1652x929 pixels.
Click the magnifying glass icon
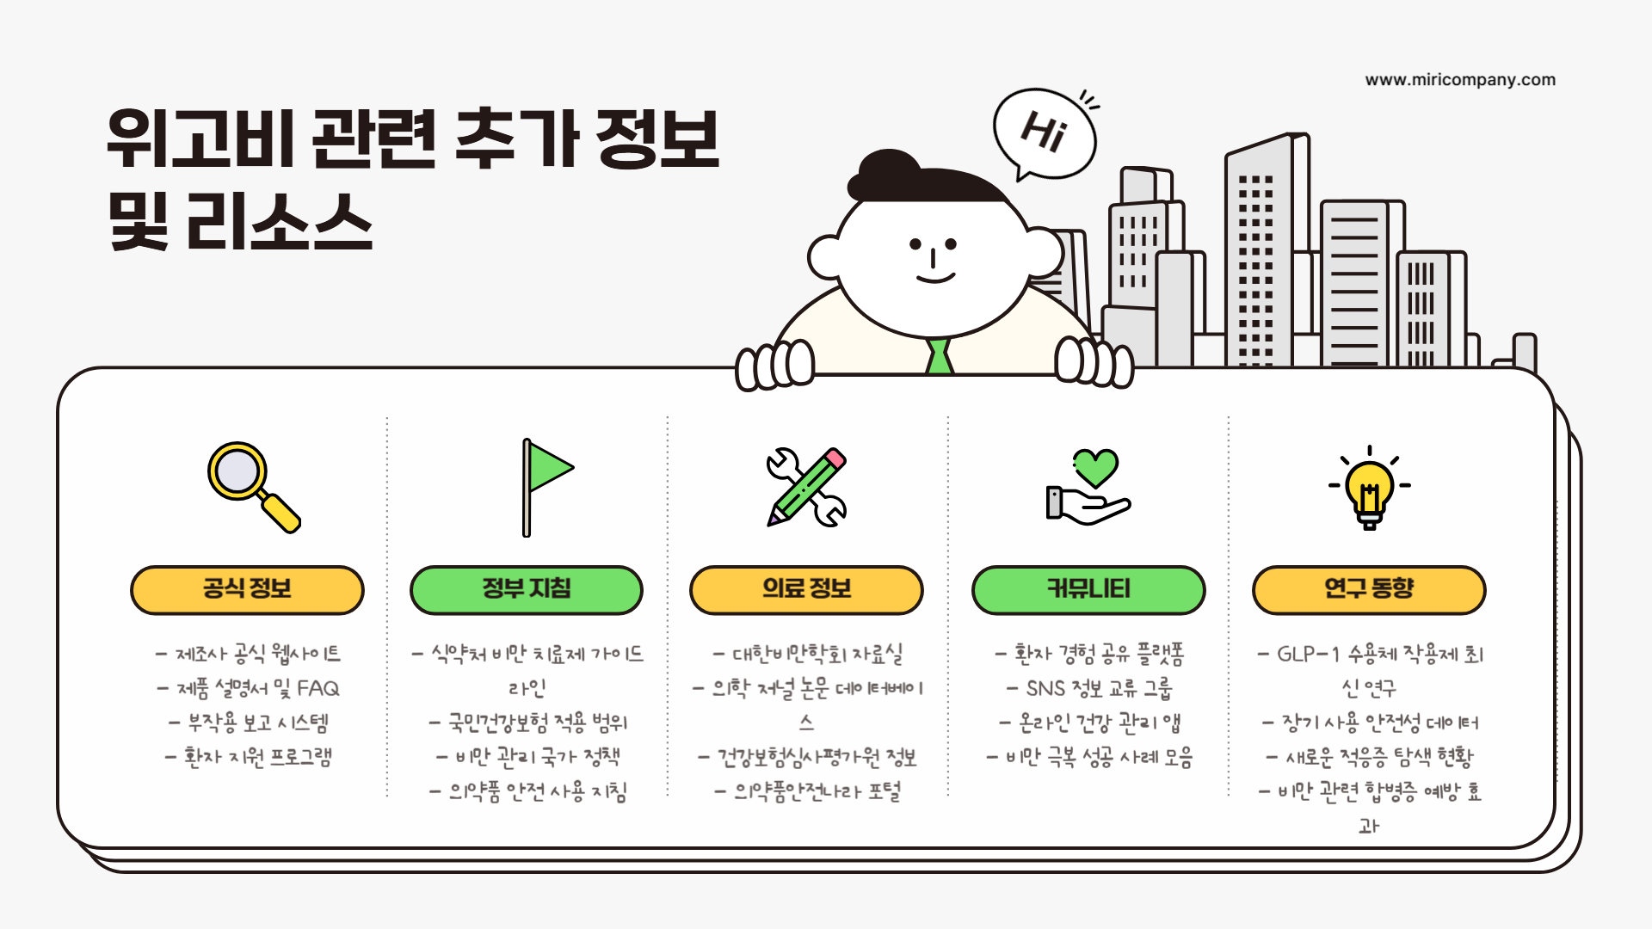(x=252, y=486)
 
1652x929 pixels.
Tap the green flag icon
(x=546, y=486)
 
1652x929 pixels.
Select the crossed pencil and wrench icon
(x=806, y=487)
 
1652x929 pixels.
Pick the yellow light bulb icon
(x=1369, y=487)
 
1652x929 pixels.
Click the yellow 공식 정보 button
(x=247, y=590)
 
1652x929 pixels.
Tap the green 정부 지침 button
(x=527, y=590)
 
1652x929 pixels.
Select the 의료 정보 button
(x=806, y=590)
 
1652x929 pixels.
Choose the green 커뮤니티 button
(x=1088, y=590)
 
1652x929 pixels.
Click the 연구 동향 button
(x=1369, y=590)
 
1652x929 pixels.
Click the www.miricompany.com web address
(x=1460, y=80)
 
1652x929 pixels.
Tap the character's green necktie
(x=939, y=356)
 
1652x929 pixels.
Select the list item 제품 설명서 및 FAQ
(x=250, y=688)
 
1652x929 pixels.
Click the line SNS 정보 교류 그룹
(x=1090, y=688)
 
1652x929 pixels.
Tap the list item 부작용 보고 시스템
(x=250, y=723)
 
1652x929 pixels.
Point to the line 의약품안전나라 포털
(x=808, y=791)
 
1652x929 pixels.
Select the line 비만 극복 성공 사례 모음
(x=1090, y=757)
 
